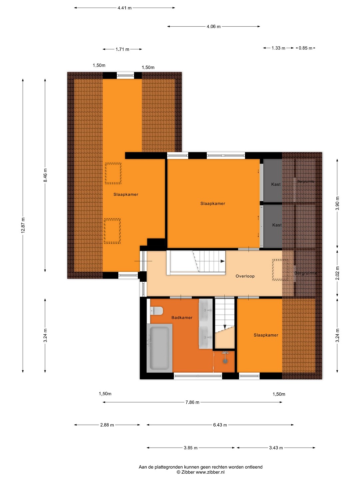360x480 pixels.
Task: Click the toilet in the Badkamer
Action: (157, 311)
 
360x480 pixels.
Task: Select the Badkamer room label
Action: (182, 318)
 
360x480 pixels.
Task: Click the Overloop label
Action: (245, 276)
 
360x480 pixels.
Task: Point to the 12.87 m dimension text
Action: (23, 225)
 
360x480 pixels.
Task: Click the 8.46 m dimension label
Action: (45, 175)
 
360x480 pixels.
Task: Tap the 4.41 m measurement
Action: (125, 8)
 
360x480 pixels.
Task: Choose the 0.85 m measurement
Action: (305, 48)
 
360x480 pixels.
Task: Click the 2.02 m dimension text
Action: (337, 273)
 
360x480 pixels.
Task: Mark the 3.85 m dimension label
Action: (190, 448)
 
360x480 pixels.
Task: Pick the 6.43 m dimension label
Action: (220, 425)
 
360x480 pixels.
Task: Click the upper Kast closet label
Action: (276, 184)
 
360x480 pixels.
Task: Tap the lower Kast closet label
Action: (277, 225)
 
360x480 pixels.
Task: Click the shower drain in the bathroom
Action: (225, 361)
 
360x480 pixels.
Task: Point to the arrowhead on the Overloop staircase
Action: (223, 261)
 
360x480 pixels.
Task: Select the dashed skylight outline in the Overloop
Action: (280, 270)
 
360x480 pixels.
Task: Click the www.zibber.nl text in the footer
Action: (210, 472)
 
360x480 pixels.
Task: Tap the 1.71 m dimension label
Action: (122, 49)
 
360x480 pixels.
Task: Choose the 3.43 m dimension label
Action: (276, 448)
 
